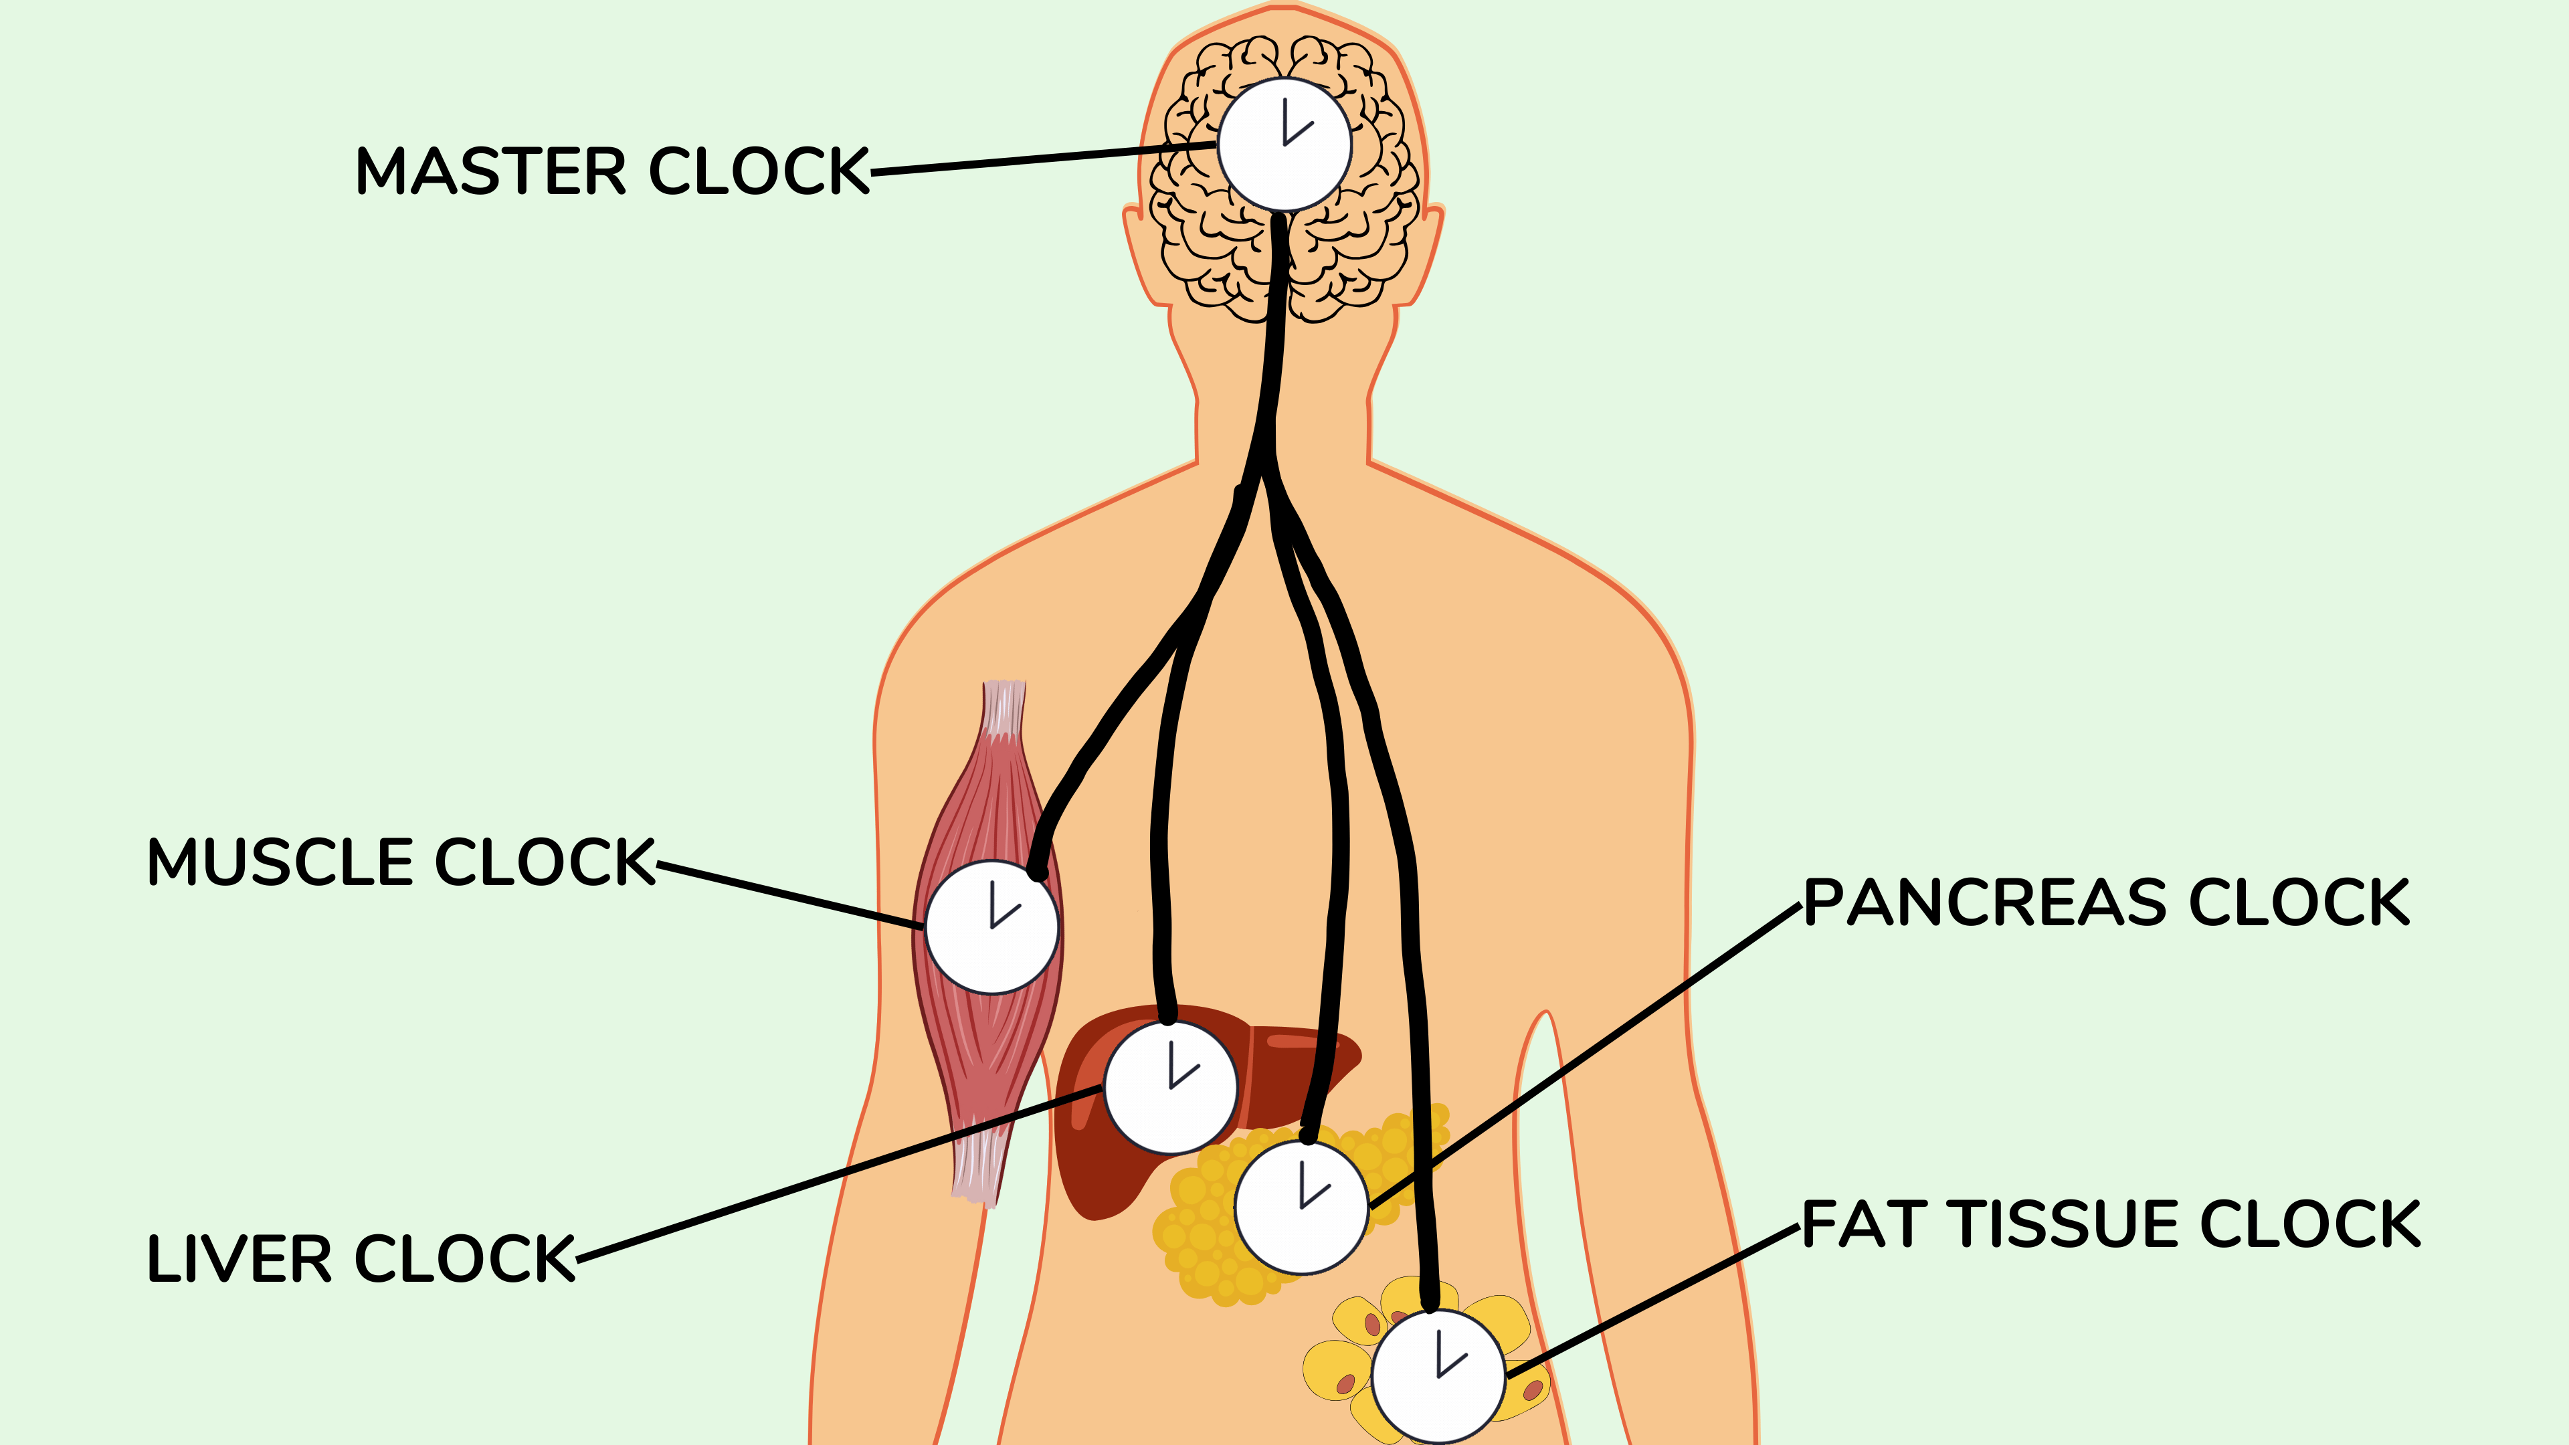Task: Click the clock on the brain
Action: (1284, 144)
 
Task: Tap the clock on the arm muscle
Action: (991, 927)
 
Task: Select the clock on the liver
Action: (1171, 1087)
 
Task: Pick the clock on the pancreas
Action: (1301, 1207)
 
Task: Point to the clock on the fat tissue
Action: (1438, 1376)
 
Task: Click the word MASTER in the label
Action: (488, 171)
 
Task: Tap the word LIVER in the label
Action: (240, 1258)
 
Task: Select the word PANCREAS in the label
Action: (1984, 904)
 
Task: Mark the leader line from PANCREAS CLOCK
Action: (1586, 1057)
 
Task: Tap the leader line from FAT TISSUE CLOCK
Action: (1656, 1301)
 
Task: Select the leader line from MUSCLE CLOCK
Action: (788, 896)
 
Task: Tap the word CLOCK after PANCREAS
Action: (2298, 904)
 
